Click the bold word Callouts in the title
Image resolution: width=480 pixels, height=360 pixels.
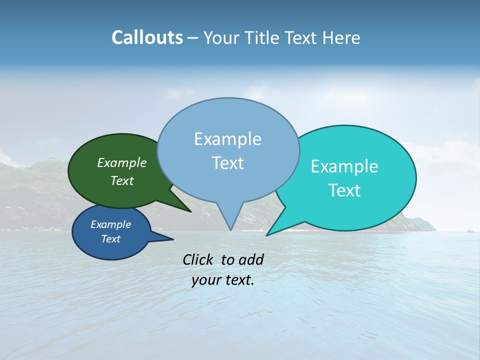pyautogui.click(x=147, y=37)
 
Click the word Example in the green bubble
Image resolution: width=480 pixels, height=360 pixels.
pyautogui.click(x=122, y=162)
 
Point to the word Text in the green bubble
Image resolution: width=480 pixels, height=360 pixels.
pyautogui.click(x=122, y=180)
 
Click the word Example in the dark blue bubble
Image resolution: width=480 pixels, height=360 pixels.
pyautogui.click(x=110, y=224)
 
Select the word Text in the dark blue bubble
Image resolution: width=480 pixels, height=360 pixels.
pyautogui.click(x=110, y=239)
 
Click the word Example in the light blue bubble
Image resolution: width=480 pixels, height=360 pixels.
pyautogui.click(x=227, y=139)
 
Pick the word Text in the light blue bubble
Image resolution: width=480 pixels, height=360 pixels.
pyautogui.click(x=227, y=163)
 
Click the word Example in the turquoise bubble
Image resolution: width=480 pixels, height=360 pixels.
pyautogui.click(x=344, y=166)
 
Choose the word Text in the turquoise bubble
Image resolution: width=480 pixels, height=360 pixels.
pyautogui.click(x=344, y=190)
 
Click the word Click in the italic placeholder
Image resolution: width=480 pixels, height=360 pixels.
pyautogui.click(x=199, y=259)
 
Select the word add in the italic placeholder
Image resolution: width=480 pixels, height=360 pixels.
pyautogui.click(x=251, y=259)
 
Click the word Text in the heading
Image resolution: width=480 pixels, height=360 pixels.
pyautogui.click(x=301, y=37)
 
